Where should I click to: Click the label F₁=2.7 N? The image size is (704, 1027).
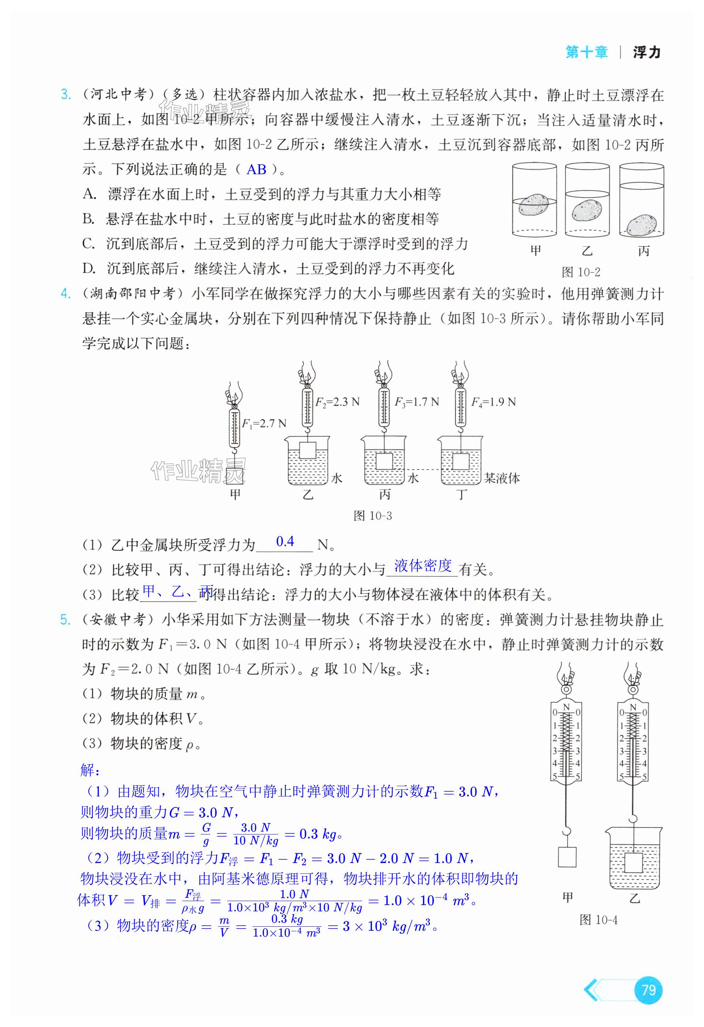click(x=264, y=423)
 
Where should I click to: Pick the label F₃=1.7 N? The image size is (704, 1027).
click(x=417, y=402)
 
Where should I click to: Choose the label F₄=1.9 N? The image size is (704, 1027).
click(x=493, y=402)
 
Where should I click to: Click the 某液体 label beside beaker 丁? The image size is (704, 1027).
click(x=502, y=478)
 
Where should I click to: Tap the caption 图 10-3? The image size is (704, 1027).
click(x=372, y=516)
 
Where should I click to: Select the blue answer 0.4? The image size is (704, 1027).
click(x=285, y=541)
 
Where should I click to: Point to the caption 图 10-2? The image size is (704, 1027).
click(x=581, y=272)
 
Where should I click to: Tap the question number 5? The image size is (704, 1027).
click(x=65, y=620)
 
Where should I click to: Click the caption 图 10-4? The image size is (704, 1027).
click(x=598, y=920)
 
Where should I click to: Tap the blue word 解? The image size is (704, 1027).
click(x=90, y=770)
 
